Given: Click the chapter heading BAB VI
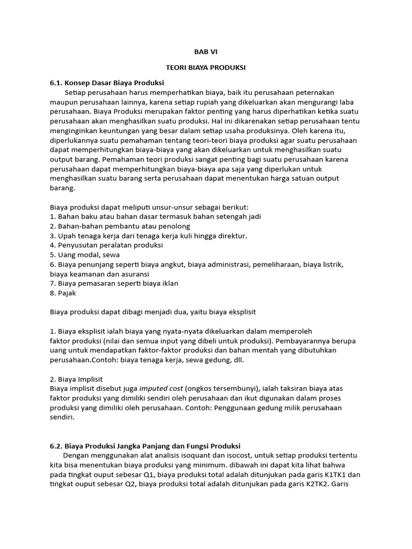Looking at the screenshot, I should coord(206,52).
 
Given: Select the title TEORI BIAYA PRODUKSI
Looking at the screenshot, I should coord(206,68).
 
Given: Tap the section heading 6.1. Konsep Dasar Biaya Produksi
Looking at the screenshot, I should coord(107,83).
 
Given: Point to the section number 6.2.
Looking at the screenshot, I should coord(57,446).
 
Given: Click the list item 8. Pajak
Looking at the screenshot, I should coord(63,293).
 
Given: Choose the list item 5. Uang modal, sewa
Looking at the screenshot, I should coord(84,255).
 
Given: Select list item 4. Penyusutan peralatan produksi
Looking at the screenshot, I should coord(106,245).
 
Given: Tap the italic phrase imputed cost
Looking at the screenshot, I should coord(161,389).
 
